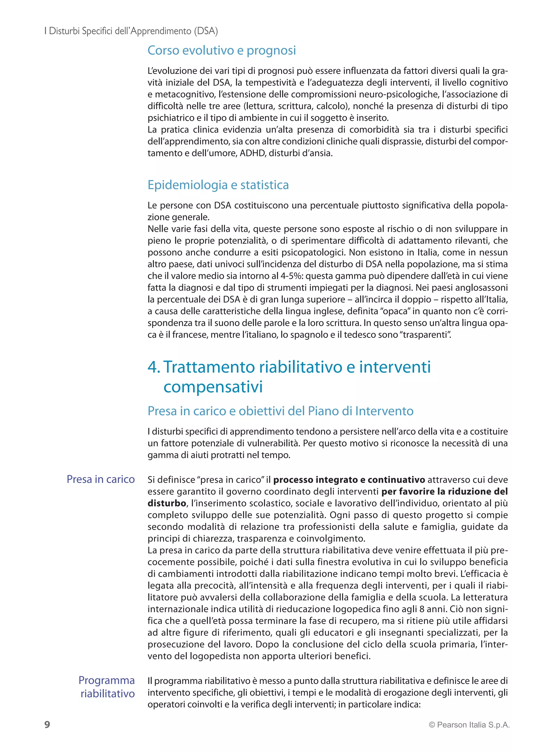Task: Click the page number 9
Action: pyautogui.click(x=47, y=724)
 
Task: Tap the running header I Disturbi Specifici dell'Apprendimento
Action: pyautogui.click(x=131, y=31)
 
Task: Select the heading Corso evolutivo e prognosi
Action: pyautogui.click(x=222, y=50)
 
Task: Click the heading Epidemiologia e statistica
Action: pyautogui.click(x=218, y=185)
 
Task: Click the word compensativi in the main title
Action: pyautogui.click(x=213, y=387)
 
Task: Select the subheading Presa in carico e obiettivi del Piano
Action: pyautogui.click(x=280, y=411)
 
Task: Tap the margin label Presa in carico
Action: pyautogui.click(x=101, y=479)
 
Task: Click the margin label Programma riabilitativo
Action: pyautogui.click(x=107, y=687)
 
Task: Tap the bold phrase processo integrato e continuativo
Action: pyautogui.click(x=349, y=480)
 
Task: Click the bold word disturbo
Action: pyautogui.click(x=167, y=503)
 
